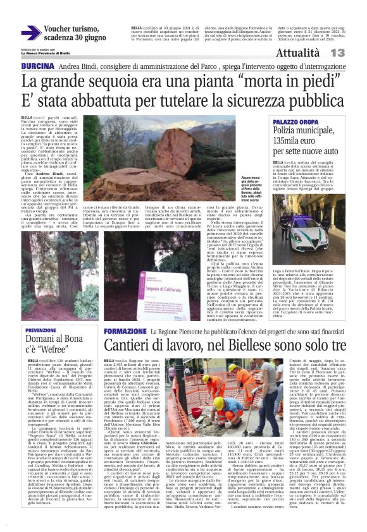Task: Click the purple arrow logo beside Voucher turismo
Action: pyautogui.click(x=30, y=33)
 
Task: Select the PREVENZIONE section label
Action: pyautogui.click(x=40, y=330)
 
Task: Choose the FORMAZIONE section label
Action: pyautogui.click(x=124, y=331)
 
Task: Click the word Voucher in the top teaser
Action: pyautogui.click(x=61, y=29)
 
